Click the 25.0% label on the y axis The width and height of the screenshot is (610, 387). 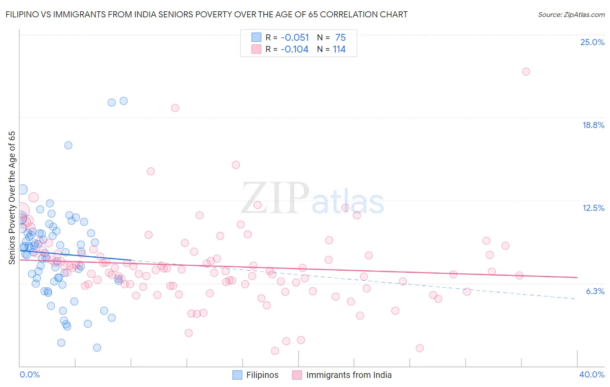tap(592, 43)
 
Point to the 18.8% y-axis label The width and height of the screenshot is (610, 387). tap(593, 125)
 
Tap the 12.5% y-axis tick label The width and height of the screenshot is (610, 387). tap(593, 208)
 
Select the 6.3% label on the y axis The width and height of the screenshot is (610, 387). tap(595, 292)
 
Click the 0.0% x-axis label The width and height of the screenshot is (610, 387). tap(30, 375)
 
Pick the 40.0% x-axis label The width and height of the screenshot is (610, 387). tap(591, 375)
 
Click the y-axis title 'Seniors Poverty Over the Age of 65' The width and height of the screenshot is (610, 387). tap(12, 198)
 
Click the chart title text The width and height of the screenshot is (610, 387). tap(207, 15)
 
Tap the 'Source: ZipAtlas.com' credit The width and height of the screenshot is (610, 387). tap(571, 15)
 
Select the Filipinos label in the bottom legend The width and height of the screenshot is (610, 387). tap(262, 375)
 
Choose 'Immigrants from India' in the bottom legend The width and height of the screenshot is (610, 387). tap(348, 375)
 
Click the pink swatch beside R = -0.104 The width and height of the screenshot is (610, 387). tap(256, 49)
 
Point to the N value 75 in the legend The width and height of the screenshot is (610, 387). tap(340, 38)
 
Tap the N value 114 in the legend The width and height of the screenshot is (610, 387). tap(339, 49)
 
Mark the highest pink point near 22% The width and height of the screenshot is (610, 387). tap(526, 72)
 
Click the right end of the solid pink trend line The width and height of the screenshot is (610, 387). tap(577, 277)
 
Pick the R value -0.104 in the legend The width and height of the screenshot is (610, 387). tap(295, 49)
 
